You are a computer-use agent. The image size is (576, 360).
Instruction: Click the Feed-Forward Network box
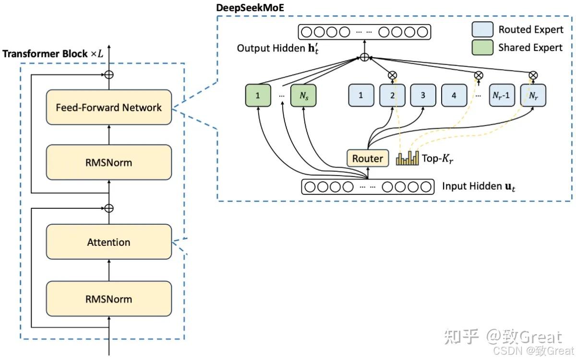tap(108, 108)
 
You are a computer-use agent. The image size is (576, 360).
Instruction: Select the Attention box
tap(108, 242)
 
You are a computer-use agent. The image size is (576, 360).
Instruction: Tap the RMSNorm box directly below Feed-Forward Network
tap(108, 162)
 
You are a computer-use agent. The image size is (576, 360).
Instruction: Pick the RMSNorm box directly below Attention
tap(108, 299)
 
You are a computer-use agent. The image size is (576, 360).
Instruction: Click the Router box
tap(368, 158)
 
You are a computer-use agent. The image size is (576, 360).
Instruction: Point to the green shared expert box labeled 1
tap(258, 96)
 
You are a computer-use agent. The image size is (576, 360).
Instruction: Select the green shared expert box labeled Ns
tap(304, 96)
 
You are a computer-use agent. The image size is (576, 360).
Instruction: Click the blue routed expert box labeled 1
tap(361, 96)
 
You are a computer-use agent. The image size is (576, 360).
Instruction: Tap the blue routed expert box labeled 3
tap(423, 96)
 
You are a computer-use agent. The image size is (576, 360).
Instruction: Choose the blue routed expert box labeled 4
tap(454, 96)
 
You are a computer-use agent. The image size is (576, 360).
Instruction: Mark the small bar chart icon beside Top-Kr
tap(407, 159)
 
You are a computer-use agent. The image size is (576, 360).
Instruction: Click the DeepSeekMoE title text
tap(250, 8)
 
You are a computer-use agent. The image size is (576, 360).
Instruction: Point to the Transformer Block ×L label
tap(53, 54)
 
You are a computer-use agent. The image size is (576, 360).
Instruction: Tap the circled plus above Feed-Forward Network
tap(109, 74)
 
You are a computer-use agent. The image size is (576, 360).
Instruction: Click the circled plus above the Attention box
tap(109, 208)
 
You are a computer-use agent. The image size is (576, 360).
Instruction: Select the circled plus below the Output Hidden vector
tap(364, 58)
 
